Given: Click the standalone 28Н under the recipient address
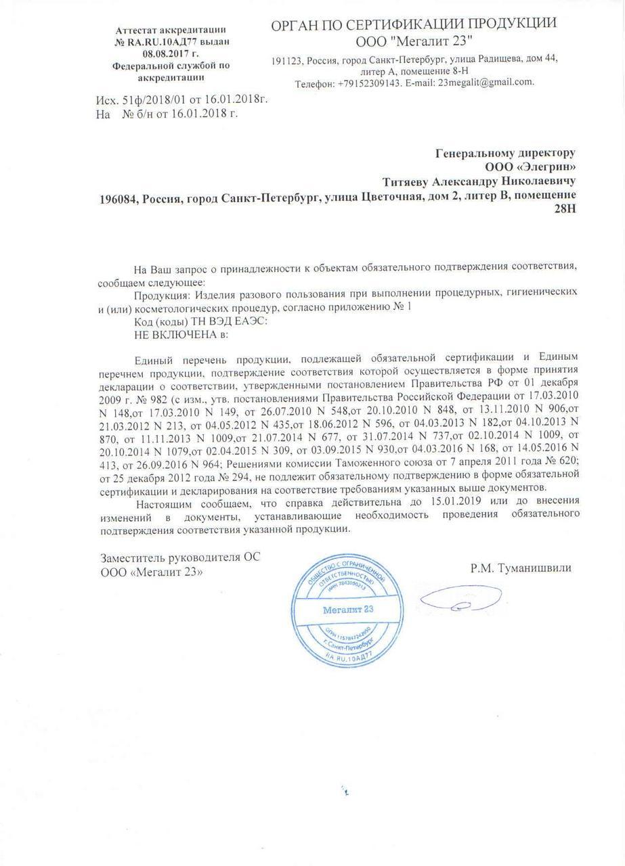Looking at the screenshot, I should coord(565,211).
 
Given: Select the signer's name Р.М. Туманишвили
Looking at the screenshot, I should coord(521,568).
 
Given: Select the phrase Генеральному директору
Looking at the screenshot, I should coord(506,153).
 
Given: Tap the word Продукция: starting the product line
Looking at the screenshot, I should coord(163,295).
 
